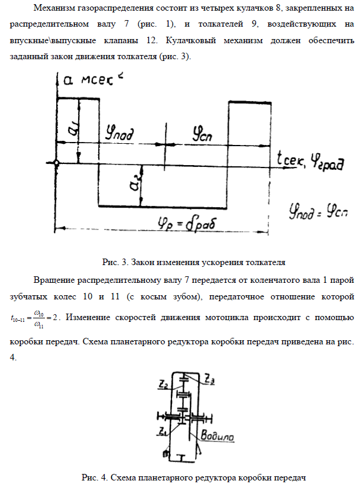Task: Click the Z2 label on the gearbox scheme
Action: point(163,382)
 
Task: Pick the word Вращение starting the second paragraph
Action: point(54,278)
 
